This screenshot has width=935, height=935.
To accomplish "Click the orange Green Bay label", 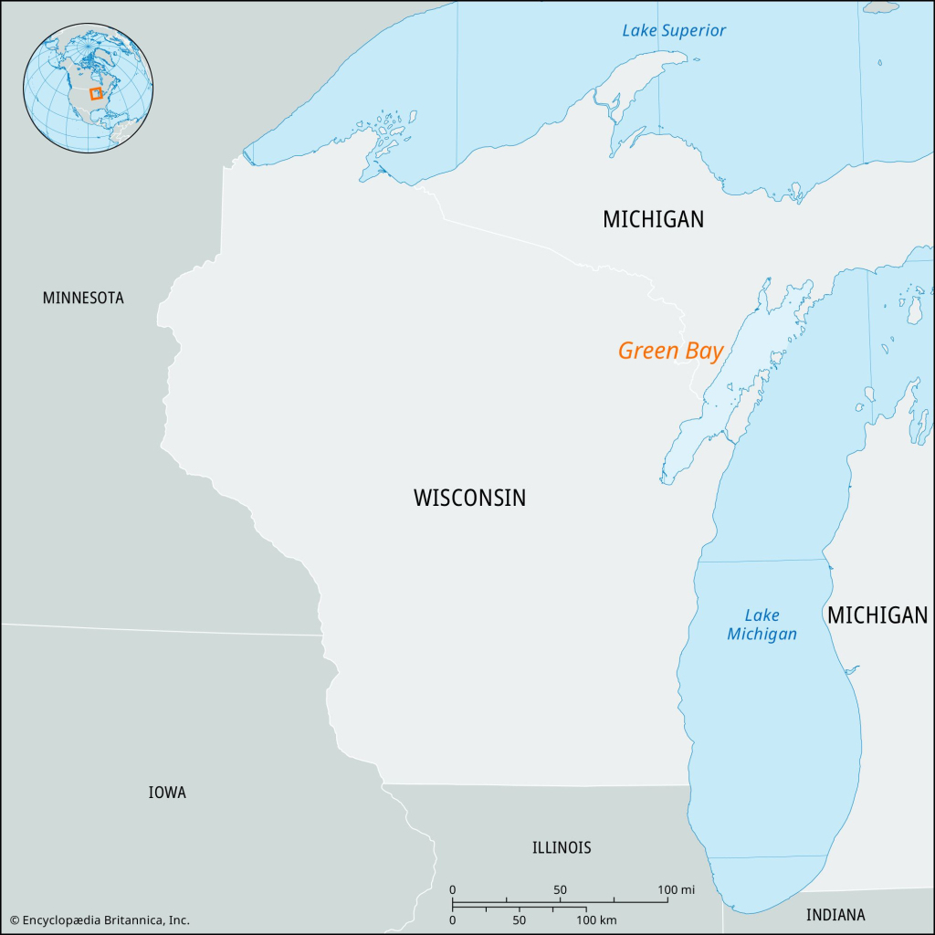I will (x=670, y=351).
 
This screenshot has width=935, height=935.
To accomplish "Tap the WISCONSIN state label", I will (x=469, y=498).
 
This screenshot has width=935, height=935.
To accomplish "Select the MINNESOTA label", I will (x=83, y=298).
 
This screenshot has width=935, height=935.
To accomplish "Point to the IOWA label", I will (x=167, y=793).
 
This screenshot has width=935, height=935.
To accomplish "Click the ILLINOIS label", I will (x=562, y=847).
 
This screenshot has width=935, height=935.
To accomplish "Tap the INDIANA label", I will (x=835, y=914).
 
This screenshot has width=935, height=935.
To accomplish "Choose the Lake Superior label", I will (x=674, y=30).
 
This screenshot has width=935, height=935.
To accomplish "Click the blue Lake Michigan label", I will (x=762, y=625).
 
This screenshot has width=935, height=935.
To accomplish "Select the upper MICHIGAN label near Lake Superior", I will (x=653, y=219).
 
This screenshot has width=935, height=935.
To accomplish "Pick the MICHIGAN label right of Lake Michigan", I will (x=877, y=615).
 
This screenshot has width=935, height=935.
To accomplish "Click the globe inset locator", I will (x=89, y=88).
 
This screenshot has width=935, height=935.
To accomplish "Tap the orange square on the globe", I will (x=95, y=93).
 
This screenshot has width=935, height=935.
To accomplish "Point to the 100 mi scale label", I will (x=677, y=890).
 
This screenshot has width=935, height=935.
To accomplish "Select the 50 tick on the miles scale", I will (x=560, y=890).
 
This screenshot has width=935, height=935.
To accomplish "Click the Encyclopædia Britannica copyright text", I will (x=100, y=919).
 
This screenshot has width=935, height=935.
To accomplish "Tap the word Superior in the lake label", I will (x=696, y=30).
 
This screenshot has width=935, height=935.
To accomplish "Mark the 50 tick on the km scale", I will (x=519, y=919).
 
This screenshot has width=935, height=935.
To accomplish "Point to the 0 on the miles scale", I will (x=453, y=890).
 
